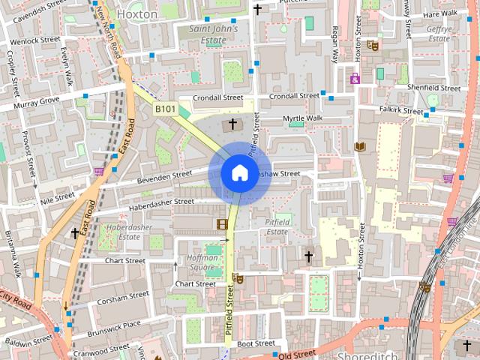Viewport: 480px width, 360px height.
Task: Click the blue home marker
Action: pos(239,173)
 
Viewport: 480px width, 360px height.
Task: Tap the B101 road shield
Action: pos(165,109)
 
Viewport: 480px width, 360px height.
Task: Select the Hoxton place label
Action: pos(137,13)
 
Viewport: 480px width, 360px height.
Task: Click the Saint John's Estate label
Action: pos(213,34)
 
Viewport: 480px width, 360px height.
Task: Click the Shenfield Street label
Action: pos(433,88)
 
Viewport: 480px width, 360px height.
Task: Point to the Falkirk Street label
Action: pos(402,110)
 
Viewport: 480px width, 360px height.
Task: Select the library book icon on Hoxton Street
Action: pos(359,146)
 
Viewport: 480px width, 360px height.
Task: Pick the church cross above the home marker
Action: pos(232,123)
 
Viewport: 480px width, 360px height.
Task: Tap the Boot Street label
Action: pos(256,343)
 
